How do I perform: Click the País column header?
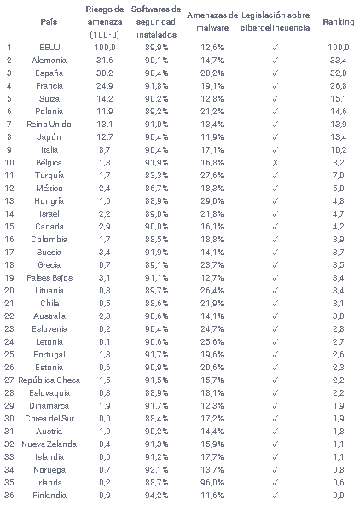click(49, 22)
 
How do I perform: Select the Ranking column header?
click(338, 22)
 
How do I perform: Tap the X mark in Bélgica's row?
click(275, 163)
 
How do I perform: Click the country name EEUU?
click(49, 48)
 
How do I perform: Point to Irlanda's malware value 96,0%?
click(212, 483)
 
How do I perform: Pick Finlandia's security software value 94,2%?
click(156, 496)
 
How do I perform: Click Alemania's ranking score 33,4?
click(338, 61)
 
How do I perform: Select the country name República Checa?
click(49, 380)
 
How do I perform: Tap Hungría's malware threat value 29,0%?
click(212, 201)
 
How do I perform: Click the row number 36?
click(9, 496)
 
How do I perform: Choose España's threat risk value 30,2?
click(105, 73)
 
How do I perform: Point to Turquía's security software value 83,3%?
click(156, 176)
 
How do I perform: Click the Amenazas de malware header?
click(212, 21)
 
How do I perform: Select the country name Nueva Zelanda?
click(49, 444)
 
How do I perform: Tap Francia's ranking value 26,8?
click(338, 86)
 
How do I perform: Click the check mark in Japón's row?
click(275, 137)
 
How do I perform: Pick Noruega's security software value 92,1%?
click(156, 470)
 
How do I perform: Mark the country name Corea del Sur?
click(49, 419)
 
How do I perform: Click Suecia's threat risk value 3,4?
click(105, 252)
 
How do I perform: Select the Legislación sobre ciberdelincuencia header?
click(276, 21)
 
